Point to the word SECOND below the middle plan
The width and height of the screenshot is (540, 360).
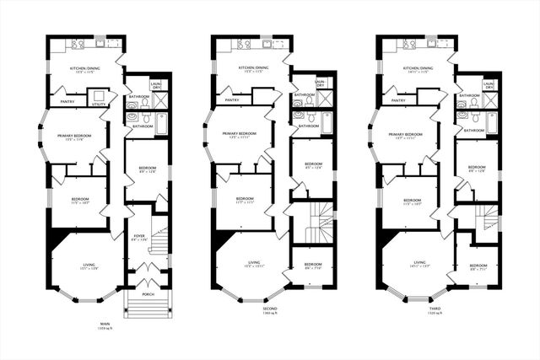pos(270,309)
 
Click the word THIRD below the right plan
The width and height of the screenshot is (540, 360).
pos(435,309)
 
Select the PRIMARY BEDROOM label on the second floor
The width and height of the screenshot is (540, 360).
pos(240,133)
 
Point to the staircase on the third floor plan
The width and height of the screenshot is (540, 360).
pos(484,221)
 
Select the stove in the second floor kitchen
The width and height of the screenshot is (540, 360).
pos(243,43)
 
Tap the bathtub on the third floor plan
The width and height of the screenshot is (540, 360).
pos(493,122)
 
